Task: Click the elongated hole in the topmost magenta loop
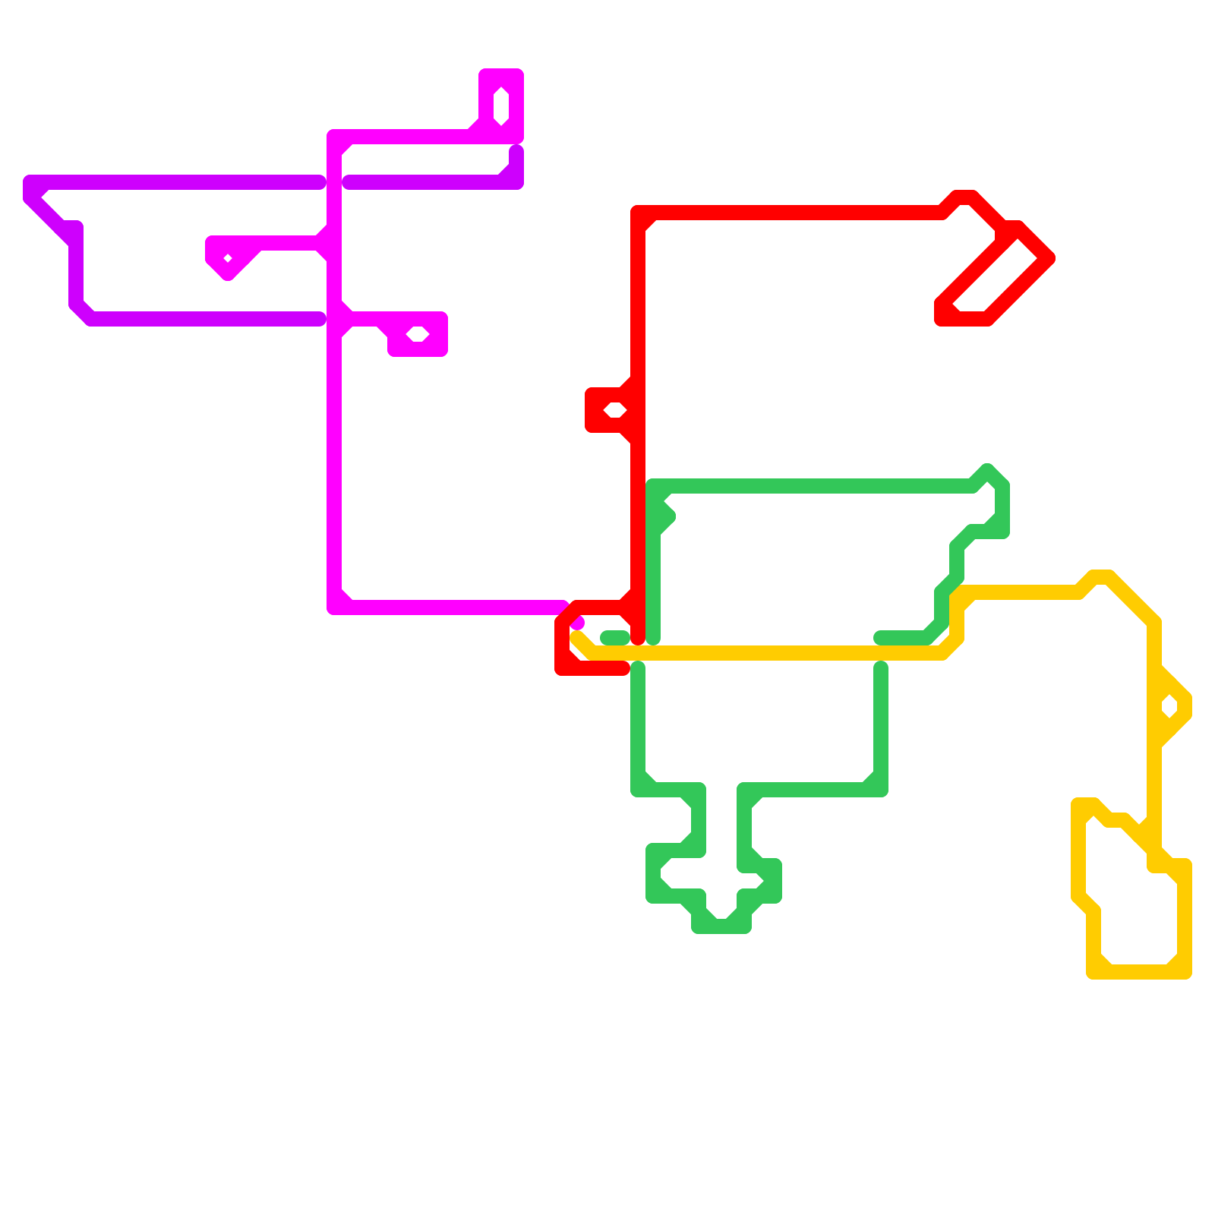tap(501, 106)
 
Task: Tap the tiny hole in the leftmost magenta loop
tap(228, 259)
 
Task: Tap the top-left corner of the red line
tap(639, 213)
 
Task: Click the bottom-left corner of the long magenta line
tap(334, 607)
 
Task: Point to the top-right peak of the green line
tap(987, 471)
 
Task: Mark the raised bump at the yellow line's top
tap(1101, 576)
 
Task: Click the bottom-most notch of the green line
tap(721, 926)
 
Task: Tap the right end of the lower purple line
tap(320, 319)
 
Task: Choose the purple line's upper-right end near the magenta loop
tap(516, 152)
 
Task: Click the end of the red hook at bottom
tap(623, 668)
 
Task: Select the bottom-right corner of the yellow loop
tap(1185, 972)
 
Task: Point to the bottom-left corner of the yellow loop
tap(1094, 972)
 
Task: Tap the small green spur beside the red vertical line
tap(668, 518)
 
